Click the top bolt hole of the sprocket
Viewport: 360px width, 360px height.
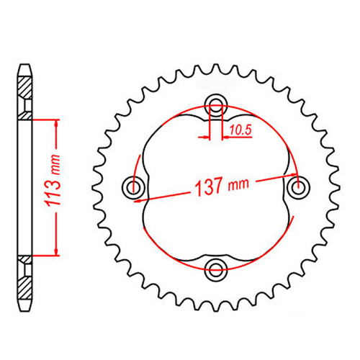215,102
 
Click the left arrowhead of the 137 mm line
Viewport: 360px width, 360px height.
148,196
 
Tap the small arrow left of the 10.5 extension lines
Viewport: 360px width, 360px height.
204,135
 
